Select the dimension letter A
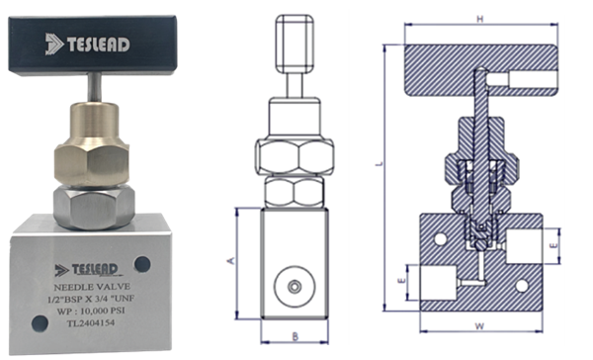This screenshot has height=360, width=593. click(x=230, y=260)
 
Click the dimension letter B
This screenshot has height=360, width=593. click(x=295, y=335)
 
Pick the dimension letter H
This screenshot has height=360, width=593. click(x=479, y=19)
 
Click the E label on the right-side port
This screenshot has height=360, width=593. click(x=553, y=241)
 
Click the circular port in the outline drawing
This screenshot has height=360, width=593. click(x=295, y=287)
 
